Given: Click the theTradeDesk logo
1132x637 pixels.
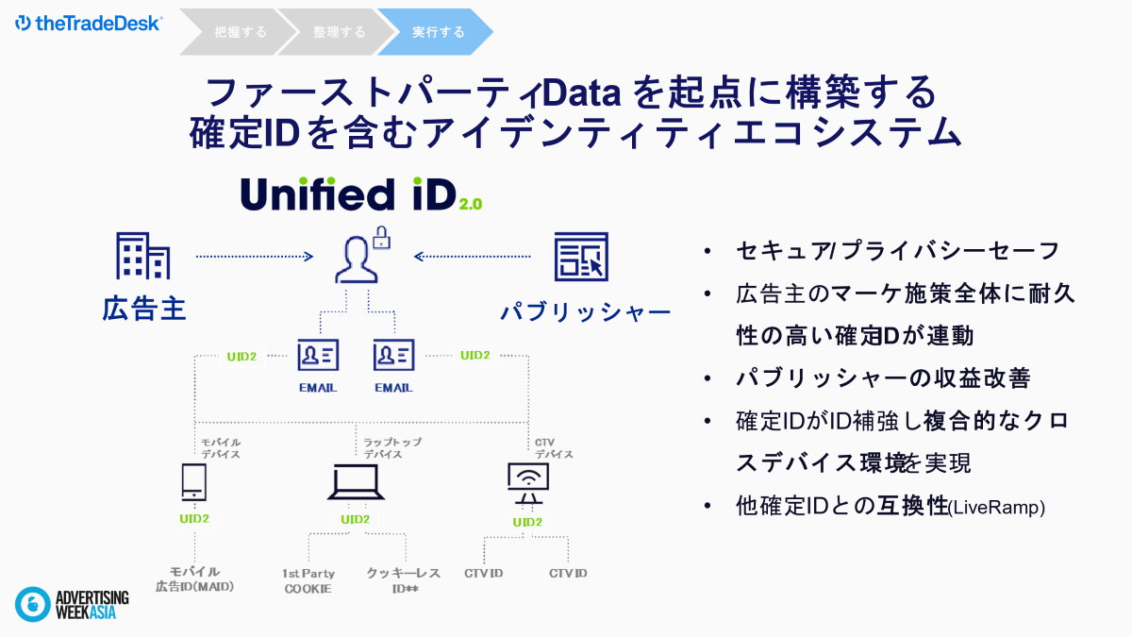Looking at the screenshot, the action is point(89,24).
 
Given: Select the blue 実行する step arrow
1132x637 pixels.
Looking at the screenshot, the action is point(436,32).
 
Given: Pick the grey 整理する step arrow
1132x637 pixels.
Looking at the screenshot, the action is point(337,32).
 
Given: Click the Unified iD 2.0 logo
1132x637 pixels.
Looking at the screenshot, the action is point(361,194).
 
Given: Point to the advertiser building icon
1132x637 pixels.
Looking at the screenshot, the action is point(143,256).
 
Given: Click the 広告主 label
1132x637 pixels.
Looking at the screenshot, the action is point(144,309).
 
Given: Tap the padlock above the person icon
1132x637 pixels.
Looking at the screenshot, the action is point(381,238).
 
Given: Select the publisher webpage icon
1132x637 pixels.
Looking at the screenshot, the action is point(581,257).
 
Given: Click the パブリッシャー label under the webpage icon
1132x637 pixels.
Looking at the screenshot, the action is point(586,312).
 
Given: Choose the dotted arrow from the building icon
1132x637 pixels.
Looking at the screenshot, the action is point(255,257).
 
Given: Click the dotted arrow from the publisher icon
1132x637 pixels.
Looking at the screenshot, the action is point(472,257).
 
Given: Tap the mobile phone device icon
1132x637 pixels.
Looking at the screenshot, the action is point(194,482).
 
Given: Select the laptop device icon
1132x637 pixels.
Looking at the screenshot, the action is point(356,482).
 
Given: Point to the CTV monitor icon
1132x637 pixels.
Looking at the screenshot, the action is point(528,483).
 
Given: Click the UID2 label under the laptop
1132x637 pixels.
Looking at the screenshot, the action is point(356,519).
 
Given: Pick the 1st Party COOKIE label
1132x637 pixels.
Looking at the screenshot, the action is point(308,581).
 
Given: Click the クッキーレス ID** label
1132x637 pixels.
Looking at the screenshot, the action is point(404,580).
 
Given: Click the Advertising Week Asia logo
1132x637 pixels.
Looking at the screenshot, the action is point(72,604).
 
